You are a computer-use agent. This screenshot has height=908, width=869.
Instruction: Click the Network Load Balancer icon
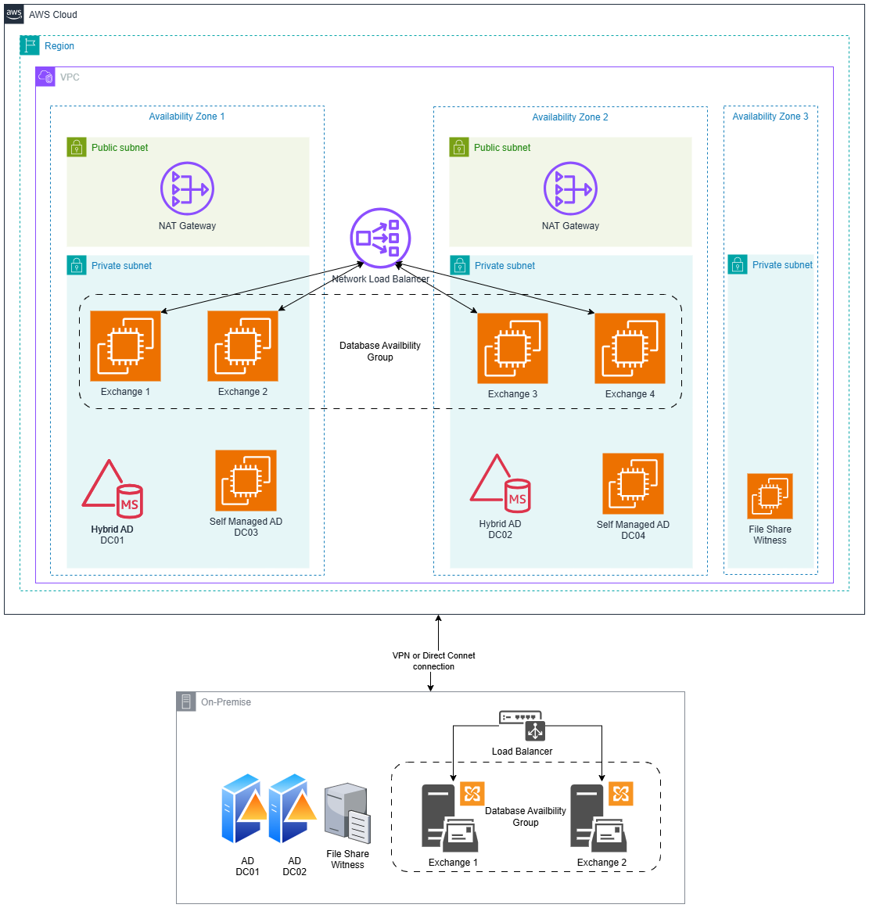point(380,238)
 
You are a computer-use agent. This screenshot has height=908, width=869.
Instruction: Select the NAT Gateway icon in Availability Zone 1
point(187,188)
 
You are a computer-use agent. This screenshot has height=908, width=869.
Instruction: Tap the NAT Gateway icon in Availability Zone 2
point(570,188)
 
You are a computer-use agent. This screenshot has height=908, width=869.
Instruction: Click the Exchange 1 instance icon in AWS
point(125,346)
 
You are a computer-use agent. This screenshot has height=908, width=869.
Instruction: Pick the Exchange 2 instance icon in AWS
point(242,346)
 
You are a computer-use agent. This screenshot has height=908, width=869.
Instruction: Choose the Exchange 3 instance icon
point(512,348)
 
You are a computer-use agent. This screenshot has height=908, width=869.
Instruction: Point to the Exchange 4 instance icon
point(630,348)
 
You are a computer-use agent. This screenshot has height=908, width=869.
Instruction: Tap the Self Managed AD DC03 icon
point(246,480)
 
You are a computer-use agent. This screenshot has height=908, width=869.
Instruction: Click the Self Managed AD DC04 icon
point(633,483)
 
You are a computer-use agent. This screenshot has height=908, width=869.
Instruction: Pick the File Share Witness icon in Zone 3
point(770,496)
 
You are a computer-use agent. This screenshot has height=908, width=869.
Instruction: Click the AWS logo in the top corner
point(14,14)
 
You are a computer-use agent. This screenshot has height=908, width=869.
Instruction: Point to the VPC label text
point(70,77)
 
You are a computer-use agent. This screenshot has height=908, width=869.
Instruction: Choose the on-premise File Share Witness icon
point(347,813)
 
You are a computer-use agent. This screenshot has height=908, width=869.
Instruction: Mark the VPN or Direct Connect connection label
point(433,661)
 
